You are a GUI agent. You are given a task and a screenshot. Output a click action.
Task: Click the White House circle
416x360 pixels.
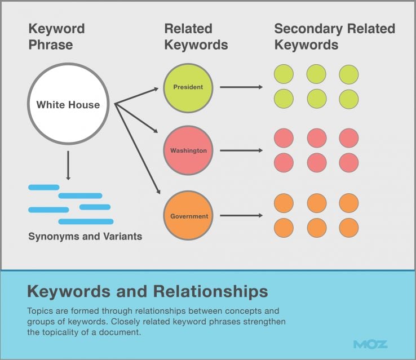(x=68, y=104)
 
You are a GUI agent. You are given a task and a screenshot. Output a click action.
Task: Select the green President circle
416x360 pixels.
(x=188, y=87)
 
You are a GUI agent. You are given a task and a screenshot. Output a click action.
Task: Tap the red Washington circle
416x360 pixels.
(x=188, y=151)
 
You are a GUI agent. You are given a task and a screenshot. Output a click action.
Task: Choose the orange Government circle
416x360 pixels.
(x=188, y=216)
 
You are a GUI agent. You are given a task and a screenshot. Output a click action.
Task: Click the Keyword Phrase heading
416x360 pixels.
(x=56, y=36)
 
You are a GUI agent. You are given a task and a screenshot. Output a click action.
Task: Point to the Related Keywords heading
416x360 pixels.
(x=196, y=36)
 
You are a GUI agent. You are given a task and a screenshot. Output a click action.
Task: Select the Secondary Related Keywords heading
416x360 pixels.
(x=334, y=36)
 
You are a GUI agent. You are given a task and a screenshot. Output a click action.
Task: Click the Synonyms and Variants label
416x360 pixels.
(x=85, y=237)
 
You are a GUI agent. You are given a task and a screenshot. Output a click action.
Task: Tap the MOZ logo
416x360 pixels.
(x=370, y=344)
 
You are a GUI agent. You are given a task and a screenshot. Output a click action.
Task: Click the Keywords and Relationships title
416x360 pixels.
(x=147, y=291)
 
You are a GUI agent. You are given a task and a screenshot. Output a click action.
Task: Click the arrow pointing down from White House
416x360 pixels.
(x=68, y=165)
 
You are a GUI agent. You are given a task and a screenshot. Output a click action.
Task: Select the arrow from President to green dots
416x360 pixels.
(x=241, y=87)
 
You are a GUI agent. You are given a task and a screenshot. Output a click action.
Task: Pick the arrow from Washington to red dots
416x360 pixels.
(x=241, y=151)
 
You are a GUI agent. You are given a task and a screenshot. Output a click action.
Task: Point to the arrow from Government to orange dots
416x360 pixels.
(x=241, y=216)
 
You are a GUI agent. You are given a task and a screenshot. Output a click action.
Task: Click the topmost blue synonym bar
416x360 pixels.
(x=43, y=187)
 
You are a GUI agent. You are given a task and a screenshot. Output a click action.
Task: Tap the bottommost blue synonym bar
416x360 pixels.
(x=86, y=221)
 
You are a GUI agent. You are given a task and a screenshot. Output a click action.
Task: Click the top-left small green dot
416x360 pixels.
(x=284, y=74)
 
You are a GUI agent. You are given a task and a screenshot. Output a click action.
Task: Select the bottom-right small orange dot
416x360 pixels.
(x=349, y=228)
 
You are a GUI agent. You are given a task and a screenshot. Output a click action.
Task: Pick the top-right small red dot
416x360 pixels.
(x=349, y=138)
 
